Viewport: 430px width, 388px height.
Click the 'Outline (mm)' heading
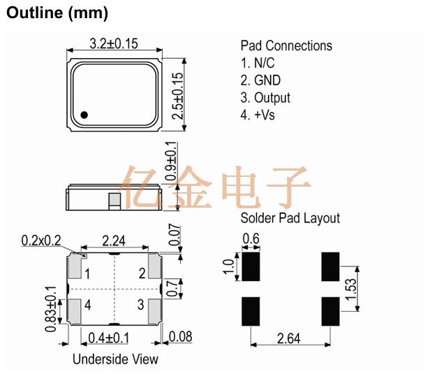[57, 13]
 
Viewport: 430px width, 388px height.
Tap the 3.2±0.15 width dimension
[115, 43]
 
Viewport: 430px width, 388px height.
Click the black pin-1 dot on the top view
[84, 115]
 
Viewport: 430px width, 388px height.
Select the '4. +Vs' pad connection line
[258, 115]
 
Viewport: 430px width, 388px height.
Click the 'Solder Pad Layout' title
[290, 218]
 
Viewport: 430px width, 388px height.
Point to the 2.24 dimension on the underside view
[114, 241]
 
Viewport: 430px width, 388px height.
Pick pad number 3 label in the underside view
[141, 305]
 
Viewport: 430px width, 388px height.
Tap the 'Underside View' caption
[115, 359]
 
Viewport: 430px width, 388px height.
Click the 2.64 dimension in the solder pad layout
[289, 339]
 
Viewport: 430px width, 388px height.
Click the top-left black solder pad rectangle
[249, 266]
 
